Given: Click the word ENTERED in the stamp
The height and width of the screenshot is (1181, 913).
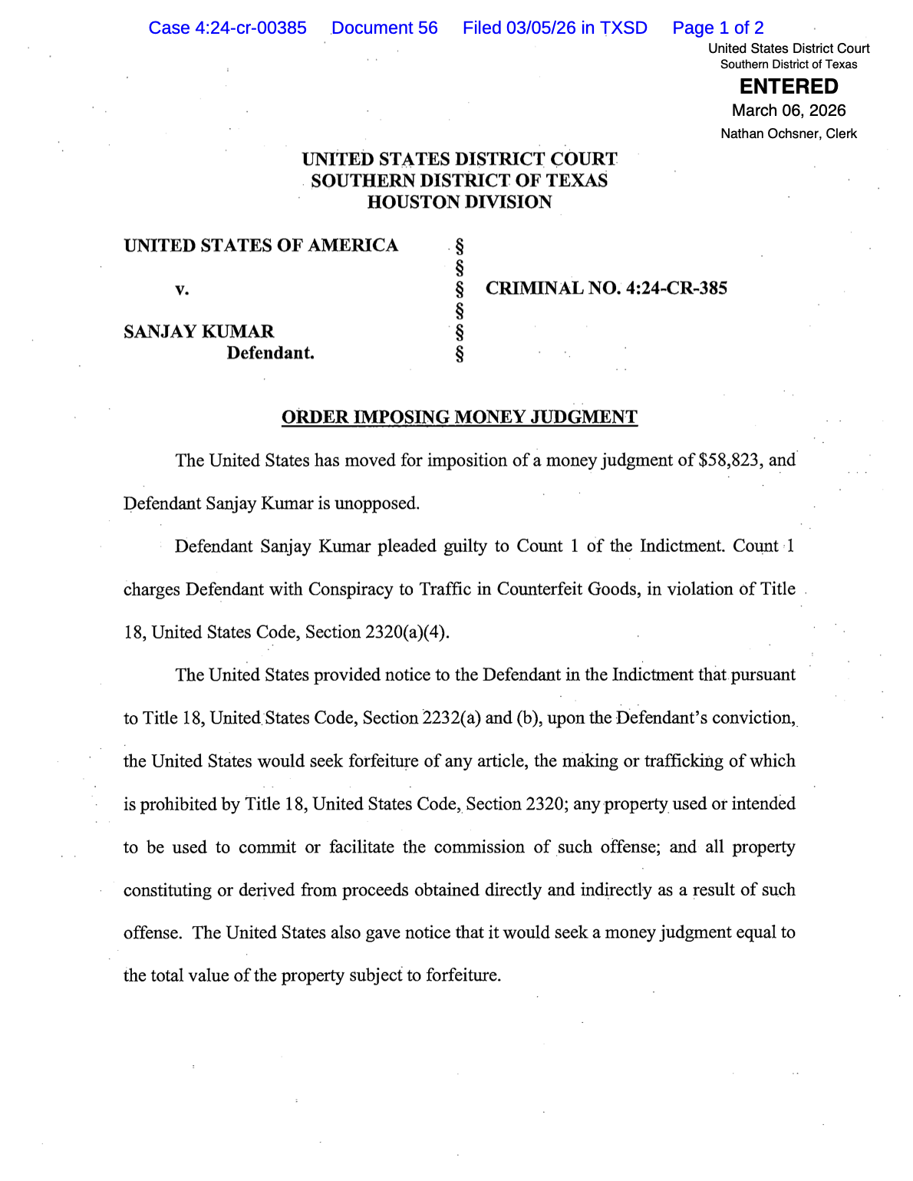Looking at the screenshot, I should pyautogui.click(x=789, y=87).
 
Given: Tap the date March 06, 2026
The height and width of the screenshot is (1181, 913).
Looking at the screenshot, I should pyautogui.click(x=789, y=111).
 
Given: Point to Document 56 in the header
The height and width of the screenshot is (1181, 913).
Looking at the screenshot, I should pyautogui.click(x=384, y=28).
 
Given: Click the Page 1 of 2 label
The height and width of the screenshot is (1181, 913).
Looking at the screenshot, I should pyautogui.click(x=717, y=28).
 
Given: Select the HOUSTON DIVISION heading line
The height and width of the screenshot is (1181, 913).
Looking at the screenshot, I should pyautogui.click(x=459, y=203).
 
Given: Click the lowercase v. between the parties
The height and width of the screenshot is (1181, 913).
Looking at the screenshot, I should pyautogui.click(x=182, y=289).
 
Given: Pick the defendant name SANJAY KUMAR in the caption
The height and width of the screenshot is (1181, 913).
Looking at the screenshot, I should pyautogui.click(x=199, y=332).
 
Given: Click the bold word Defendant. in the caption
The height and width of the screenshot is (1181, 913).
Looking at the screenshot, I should pyautogui.click(x=270, y=353).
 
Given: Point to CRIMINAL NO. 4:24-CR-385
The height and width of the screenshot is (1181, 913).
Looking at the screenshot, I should pyautogui.click(x=606, y=289).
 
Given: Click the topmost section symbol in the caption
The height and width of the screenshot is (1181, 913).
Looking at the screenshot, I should pyautogui.click(x=460, y=246).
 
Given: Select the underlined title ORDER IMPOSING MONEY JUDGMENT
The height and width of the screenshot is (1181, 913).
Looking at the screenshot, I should pyautogui.click(x=459, y=417).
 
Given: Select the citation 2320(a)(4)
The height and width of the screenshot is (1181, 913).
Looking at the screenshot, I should pyautogui.click(x=407, y=632).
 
